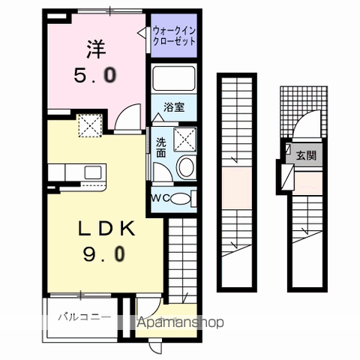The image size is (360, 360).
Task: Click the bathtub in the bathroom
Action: pyautogui.click(x=173, y=79)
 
